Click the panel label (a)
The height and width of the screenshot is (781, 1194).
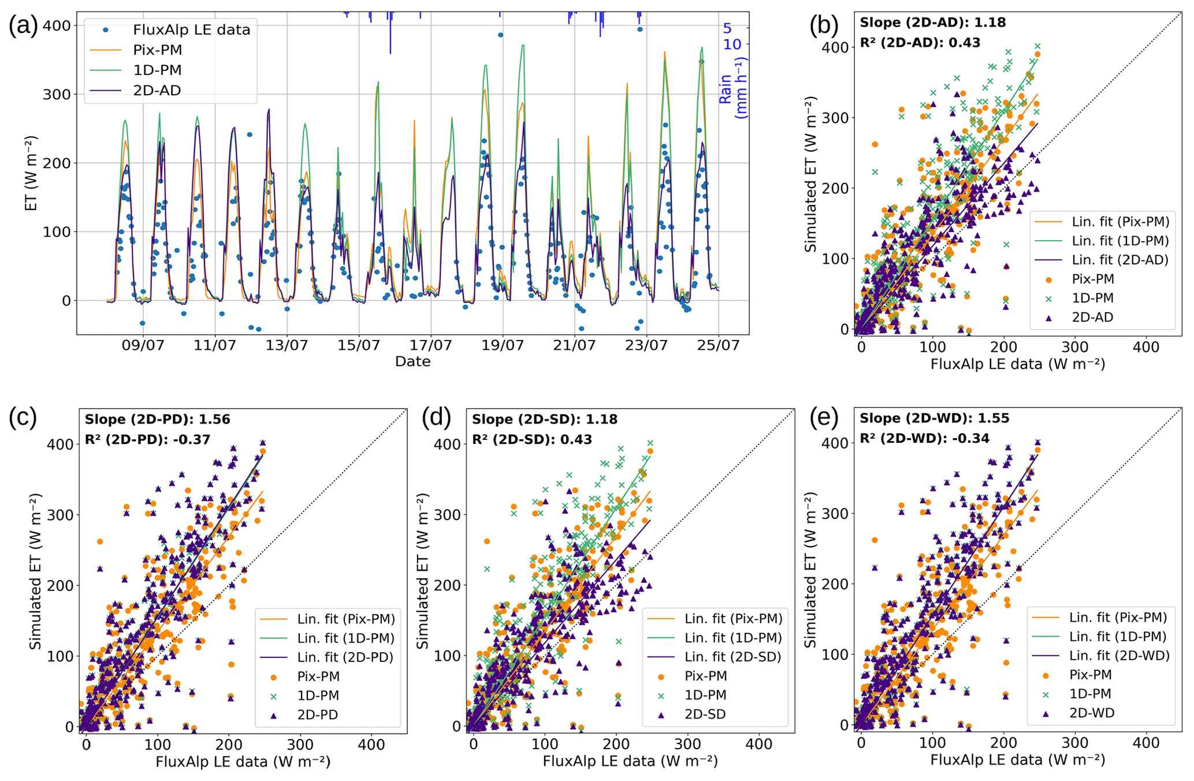pyautogui.click(x=23, y=27)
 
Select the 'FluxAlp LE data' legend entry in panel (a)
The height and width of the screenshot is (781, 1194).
pyautogui.click(x=191, y=30)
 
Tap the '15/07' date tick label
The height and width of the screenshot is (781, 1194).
pyautogui.click(x=359, y=346)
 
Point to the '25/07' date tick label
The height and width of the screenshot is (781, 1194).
pyautogui.click(x=719, y=346)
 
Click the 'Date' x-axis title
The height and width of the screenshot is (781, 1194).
pyautogui.click(x=412, y=362)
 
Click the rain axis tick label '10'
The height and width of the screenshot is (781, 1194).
pyautogui.click(x=732, y=44)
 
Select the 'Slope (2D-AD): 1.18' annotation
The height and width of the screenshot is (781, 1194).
pyautogui.click(x=932, y=23)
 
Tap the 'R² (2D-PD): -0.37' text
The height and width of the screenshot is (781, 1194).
pyautogui.click(x=147, y=439)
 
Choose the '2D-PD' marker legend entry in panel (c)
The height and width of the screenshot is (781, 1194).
pyautogui.click(x=317, y=715)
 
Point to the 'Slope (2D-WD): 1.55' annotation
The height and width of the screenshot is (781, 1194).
pyautogui.click(x=934, y=418)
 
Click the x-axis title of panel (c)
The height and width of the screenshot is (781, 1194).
pyautogui.click(x=243, y=762)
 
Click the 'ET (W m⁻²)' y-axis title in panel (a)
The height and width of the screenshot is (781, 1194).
pyautogui.click(x=31, y=173)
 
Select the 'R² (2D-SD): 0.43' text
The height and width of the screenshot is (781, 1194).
pyautogui.click(x=532, y=439)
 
